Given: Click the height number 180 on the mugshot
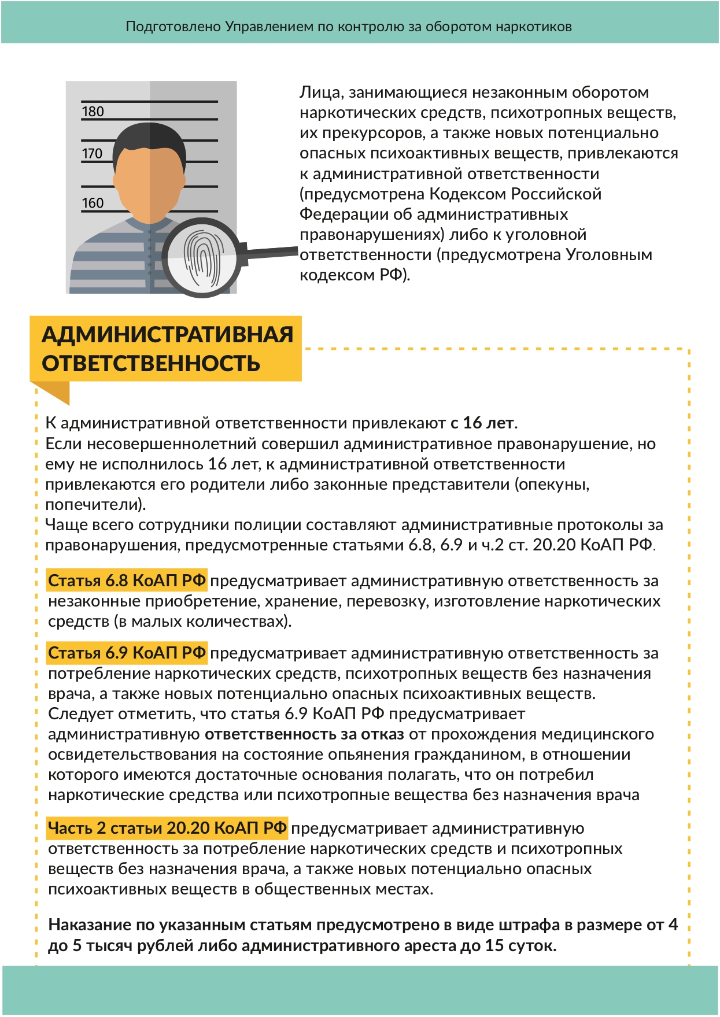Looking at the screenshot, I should click(93, 111).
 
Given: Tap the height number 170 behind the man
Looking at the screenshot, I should click(92, 153).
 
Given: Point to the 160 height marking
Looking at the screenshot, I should click(93, 203).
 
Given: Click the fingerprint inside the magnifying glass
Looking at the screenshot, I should click(201, 257).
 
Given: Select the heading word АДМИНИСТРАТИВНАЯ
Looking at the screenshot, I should click(167, 335).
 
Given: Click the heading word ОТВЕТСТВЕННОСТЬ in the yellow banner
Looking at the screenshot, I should click(151, 364).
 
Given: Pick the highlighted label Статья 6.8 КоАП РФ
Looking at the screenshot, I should click(127, 580).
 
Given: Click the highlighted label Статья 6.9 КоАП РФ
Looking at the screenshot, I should click(127, 653).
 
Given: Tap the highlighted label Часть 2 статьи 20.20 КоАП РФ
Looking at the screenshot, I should click(167, 828).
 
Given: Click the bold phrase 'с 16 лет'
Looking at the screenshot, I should click(482, 423).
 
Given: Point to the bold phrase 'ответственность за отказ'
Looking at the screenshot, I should click(304, 734).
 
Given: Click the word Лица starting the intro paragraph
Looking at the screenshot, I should click(317, 93).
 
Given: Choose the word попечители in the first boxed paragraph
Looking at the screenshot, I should click(93, 505).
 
